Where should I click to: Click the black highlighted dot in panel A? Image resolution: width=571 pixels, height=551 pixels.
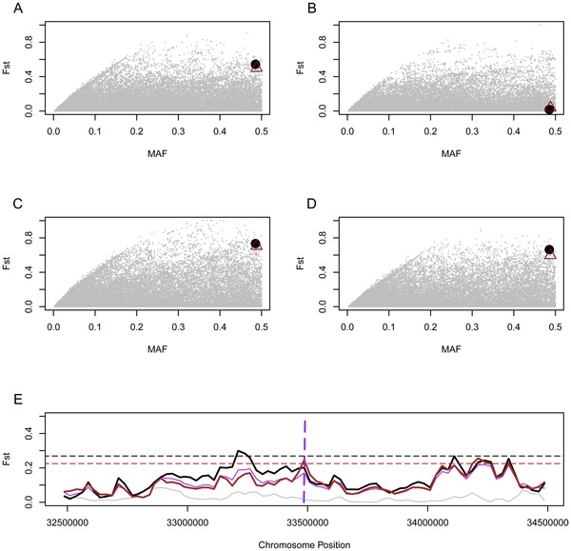(255, 65)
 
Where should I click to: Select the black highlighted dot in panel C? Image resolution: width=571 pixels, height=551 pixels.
(255, 244)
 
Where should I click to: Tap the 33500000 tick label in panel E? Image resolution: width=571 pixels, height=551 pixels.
(305, 522)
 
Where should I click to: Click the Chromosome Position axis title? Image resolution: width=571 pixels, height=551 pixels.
(305, 545)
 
